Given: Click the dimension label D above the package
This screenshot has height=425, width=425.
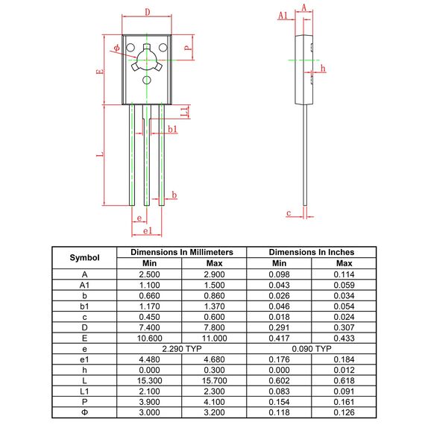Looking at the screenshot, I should (147, 12).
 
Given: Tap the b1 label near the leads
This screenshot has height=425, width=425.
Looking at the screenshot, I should (172, 130).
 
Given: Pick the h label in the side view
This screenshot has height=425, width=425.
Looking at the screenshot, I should (322, 69).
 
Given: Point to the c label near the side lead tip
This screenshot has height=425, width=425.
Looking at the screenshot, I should (288, 213).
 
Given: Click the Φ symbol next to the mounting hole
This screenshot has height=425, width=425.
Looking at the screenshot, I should (117, 48).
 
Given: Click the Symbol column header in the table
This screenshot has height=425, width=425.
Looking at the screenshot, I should (84, 257).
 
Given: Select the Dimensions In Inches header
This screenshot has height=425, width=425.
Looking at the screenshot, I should (311, 252).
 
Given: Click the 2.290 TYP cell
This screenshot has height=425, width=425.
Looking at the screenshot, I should (182, 348).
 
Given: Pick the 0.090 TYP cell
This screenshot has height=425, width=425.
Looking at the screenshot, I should (311, 348).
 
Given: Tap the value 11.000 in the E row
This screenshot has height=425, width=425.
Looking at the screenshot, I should (214, 338).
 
